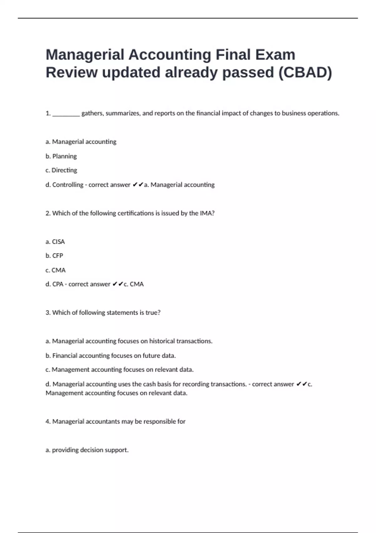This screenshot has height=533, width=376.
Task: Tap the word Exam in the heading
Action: tap(275, 55)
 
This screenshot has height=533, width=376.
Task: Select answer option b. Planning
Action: tap(61, 156)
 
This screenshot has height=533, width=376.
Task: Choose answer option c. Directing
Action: tap(61, 170)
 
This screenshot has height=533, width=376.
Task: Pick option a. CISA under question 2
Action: tap(55, 242)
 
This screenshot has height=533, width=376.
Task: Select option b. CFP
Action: tap(54, 256)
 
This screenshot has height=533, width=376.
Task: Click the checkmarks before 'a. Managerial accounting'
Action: tap(138, 185)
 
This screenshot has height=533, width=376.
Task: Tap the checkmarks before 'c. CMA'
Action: tap(118, 284)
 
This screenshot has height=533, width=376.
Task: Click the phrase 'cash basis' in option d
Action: tap(157, 384)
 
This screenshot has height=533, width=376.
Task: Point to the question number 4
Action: tap(48, 421)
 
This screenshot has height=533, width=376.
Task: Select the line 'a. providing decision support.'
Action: tap(87, 450)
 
